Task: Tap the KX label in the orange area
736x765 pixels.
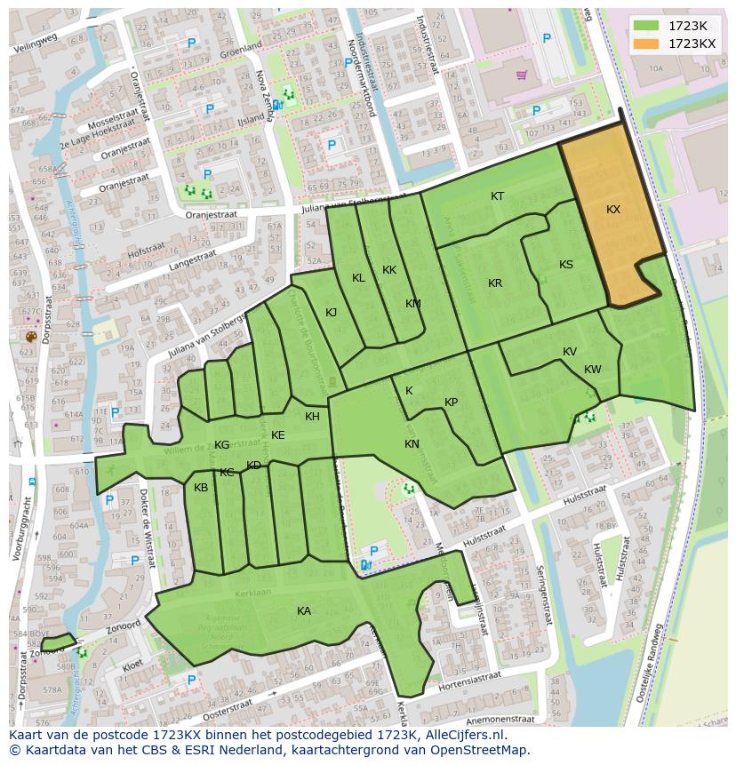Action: pos(613,210)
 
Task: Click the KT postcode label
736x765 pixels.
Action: pos(498,196)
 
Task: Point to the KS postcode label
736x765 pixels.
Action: pos(566,265)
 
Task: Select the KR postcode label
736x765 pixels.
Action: pos(495,283)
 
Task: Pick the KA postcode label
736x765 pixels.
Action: pos(304,611)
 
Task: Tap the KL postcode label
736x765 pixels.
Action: pos(358,278)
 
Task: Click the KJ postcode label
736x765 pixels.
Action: pos(331,312)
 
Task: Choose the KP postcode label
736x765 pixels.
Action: pos(451,402)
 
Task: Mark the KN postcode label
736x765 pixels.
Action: pos(412,444)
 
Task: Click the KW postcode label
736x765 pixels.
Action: pos(593,370)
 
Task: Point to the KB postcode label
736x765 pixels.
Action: pos(201,488)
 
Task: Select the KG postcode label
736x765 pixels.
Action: pos(222,445)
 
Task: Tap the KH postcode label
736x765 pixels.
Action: pos(312,417)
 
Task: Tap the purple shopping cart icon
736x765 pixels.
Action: pos(521,75)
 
